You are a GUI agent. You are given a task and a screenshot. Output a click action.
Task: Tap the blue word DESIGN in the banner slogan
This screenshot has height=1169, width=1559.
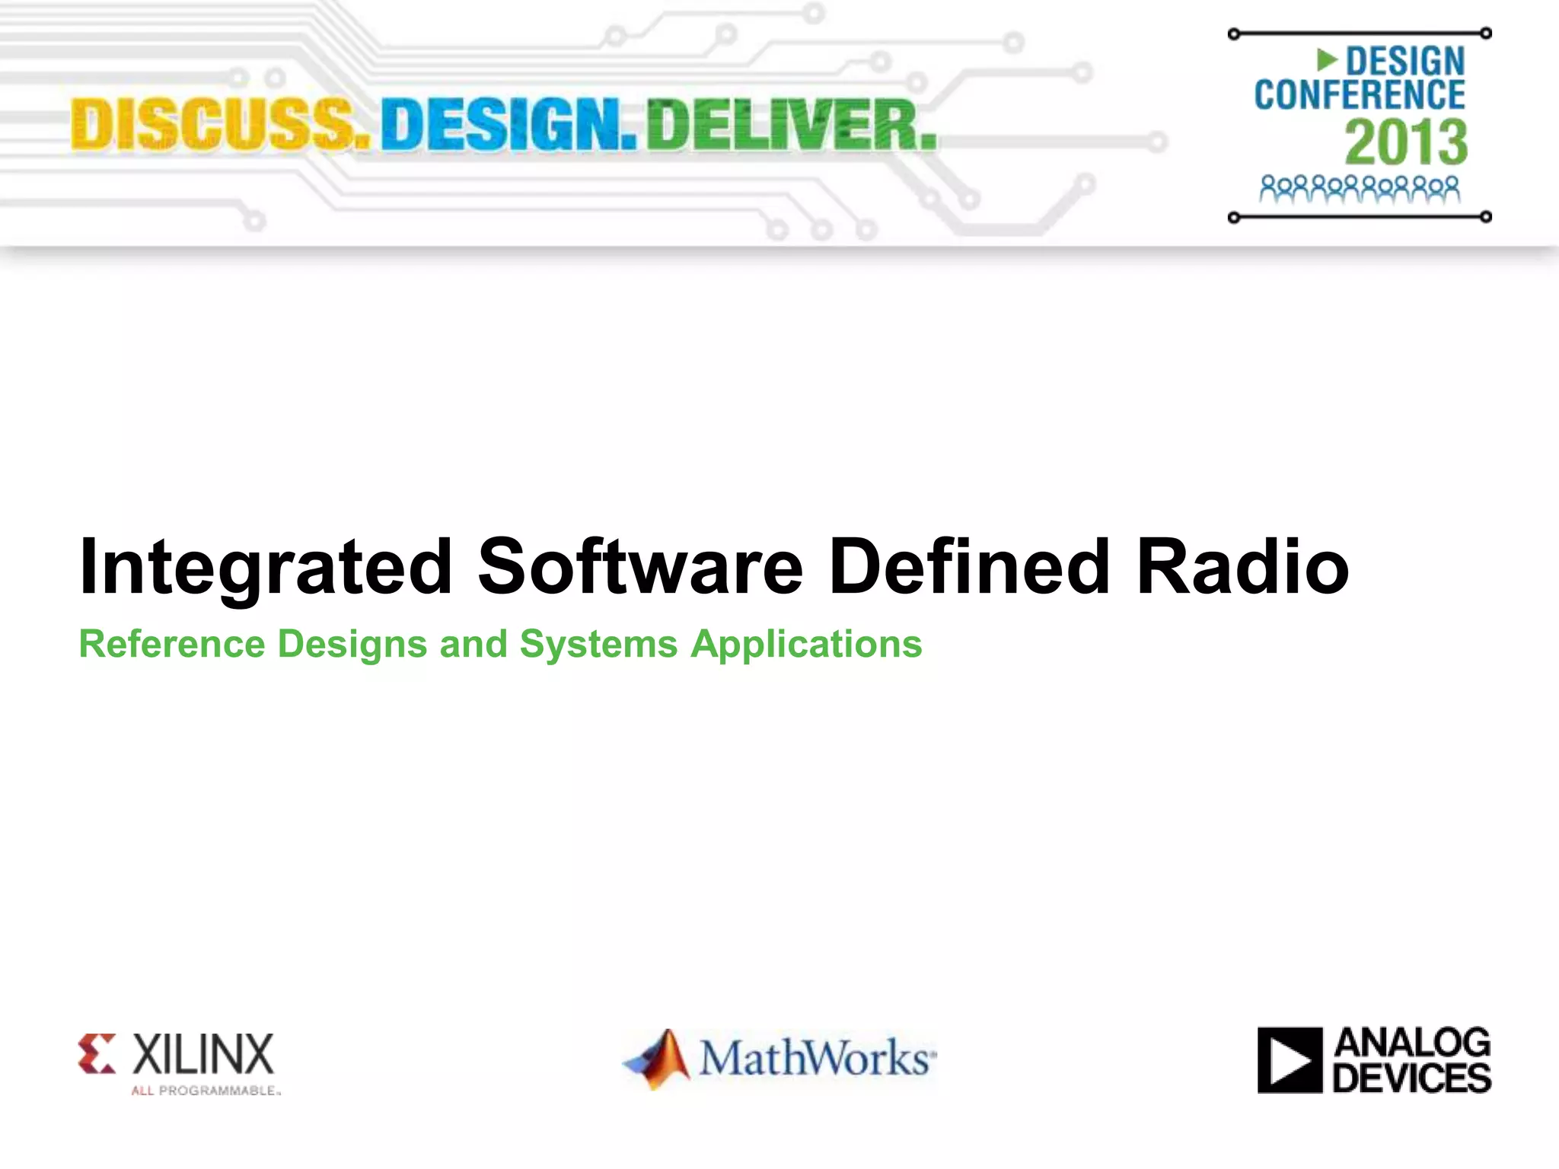[508, 126]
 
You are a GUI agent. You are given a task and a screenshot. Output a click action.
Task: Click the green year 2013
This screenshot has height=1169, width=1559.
[1405, 142]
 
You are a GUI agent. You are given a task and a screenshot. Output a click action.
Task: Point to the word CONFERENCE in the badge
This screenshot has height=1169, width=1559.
[1360, 95]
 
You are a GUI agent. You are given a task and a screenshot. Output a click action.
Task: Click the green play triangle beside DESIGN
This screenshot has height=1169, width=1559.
[1327, 59]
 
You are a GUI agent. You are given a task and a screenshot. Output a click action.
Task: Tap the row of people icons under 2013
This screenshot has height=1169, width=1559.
[1360, 189]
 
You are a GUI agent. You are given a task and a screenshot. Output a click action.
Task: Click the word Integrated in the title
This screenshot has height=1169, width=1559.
[266, 567]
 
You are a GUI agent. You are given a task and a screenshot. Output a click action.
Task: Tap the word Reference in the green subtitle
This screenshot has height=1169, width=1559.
[172, 644]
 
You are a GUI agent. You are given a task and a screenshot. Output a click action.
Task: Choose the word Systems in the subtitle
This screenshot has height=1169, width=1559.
[598, 644]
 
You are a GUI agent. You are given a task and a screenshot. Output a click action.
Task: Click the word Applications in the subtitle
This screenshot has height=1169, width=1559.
[806, 645]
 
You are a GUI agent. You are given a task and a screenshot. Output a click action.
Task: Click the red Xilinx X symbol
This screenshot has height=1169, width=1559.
[97, 1053]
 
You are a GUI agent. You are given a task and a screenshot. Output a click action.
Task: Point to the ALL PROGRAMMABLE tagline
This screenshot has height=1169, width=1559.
[206, 1091]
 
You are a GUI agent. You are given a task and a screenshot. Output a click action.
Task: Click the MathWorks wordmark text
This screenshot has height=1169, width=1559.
[817, 1058]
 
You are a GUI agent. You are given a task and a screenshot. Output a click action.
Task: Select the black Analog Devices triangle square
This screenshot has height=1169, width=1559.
[1290, 1060]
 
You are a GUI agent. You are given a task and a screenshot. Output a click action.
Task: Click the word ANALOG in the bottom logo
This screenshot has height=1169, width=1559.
[1412, 1043]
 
